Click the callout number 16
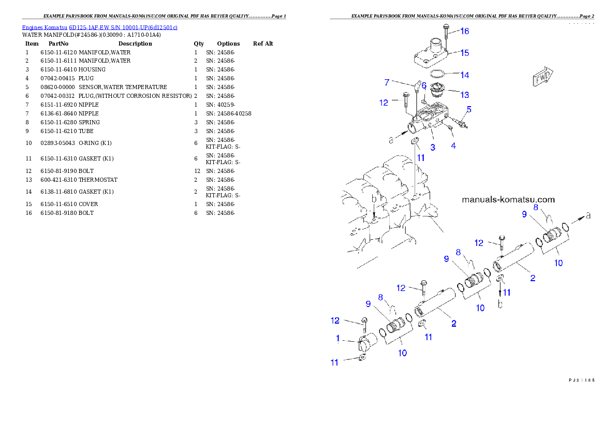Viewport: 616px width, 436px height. point(464,31)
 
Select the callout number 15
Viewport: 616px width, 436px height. point(464,53)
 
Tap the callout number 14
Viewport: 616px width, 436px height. point(464,75)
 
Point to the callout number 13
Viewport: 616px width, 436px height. point(464,95)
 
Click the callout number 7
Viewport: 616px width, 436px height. point(386,82)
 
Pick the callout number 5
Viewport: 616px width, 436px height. point(468,109)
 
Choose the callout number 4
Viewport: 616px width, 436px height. point(453,146)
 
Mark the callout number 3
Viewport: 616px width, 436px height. point(433,147)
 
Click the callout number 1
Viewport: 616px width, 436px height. point(338,338)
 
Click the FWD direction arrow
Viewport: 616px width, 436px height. point(543,78)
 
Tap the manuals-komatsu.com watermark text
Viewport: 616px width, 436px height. point(508,199)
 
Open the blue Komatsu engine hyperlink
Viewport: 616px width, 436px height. point(99,27)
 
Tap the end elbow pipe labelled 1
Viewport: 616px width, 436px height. point(366,345)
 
